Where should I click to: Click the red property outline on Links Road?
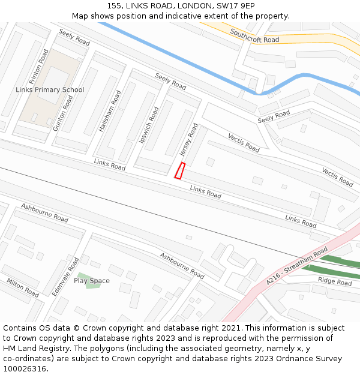179,170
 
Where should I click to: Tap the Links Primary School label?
50,90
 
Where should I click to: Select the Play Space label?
92,281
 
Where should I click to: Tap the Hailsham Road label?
110,112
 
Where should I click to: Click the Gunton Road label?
62,113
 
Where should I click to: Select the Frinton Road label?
39,67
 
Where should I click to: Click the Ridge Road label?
334,281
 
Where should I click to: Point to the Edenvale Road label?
65,276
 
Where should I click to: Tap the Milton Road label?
23,287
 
